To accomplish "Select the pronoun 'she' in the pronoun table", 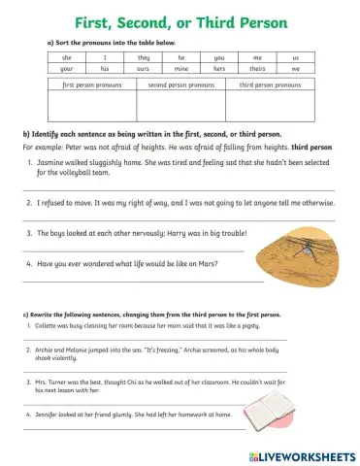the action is (66, 58).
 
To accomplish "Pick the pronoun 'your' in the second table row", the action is (66, 70).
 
